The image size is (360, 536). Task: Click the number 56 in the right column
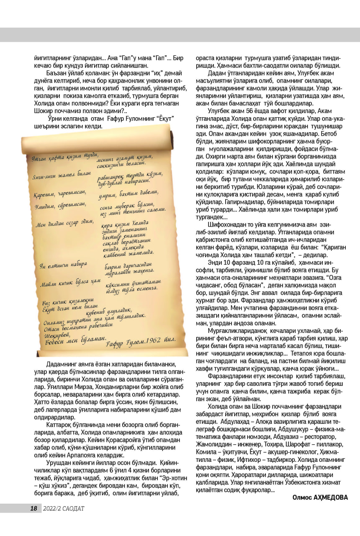pyautogui.click(x=243, y=112)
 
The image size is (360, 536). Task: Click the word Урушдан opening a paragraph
pyautogui.click(x=59, y=463)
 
